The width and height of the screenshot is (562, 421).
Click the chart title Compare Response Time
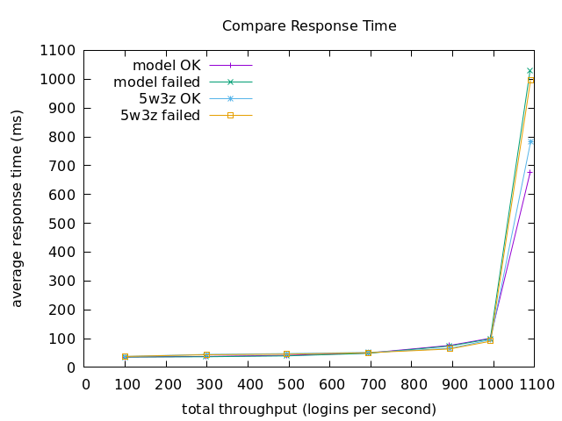click(309, 26)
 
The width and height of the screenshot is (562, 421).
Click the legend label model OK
click(166, 65)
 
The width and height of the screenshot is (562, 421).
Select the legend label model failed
click(157, 82)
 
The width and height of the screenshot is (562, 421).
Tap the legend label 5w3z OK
click(169, 98)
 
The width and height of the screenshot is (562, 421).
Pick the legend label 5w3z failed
click(160, 115)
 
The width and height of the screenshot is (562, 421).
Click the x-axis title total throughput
click(309, 410)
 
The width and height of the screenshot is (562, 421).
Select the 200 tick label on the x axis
click(168, 384)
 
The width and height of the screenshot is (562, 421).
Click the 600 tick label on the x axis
click(331, 384)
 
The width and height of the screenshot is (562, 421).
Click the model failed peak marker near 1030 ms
click(530, 70)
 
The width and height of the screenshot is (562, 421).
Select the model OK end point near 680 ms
click(530, 172)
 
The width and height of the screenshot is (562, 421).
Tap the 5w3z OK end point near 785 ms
click(530, 141)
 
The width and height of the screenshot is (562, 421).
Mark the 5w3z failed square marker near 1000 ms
click(530, 80)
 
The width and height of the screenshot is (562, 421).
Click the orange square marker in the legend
click(231, 115)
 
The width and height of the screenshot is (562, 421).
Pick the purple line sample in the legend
click(231, 65)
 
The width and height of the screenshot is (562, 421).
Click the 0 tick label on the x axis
click(86, 384)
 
